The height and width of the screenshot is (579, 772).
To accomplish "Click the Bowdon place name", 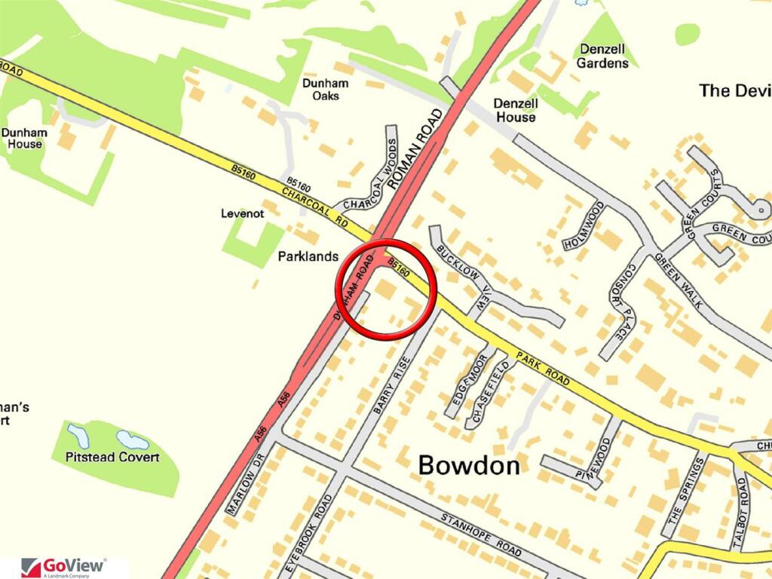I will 469,465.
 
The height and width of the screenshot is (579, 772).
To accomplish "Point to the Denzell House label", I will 516,110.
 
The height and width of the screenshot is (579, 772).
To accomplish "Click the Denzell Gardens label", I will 602,57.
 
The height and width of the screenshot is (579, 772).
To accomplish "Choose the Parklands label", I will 308,256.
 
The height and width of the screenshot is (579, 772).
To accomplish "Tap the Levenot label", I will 242,214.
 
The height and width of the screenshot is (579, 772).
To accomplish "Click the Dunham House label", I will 24,138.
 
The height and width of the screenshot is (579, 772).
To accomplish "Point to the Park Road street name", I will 542,367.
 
